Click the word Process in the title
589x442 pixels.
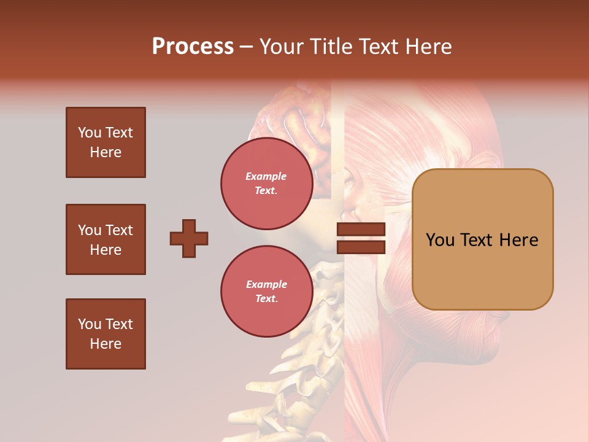click(193, 47)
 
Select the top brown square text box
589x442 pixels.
click(106, 142)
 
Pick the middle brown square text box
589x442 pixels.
click(106, 239)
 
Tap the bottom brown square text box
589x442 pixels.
click(106, 334)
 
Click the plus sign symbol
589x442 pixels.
click(189, 238)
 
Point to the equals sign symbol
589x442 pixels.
click(361, 238)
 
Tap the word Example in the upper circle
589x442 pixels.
click(266, 176)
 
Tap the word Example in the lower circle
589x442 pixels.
click(266, 284)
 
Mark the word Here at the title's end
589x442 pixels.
click(428, 47)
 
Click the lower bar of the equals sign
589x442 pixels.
click(361, 247)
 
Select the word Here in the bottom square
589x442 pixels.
click(106, 344)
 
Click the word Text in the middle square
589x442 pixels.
click(118, 230)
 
